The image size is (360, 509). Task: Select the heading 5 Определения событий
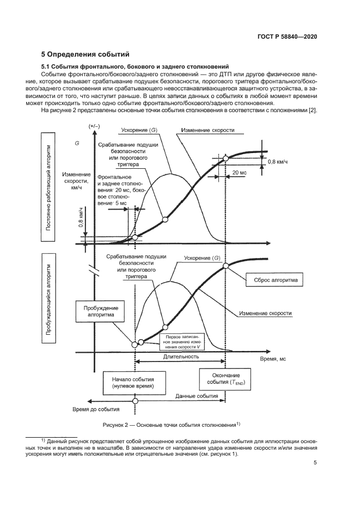pos(85,54)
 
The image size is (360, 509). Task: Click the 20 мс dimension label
pos(239,172)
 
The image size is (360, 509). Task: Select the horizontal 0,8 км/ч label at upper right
pos(278,162)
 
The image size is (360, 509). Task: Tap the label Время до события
pos(96,408)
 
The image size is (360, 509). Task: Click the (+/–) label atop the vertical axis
pos(94,126)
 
